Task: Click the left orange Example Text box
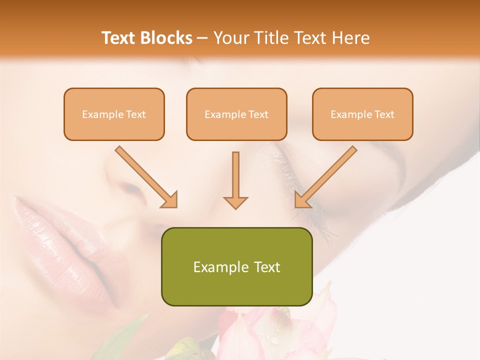pos(114,114)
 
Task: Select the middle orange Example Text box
pos(236,114)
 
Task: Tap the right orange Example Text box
pos(362,114)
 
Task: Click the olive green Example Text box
pos(236,266)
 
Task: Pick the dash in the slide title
pos(202,38)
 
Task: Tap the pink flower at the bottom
pos(270,330)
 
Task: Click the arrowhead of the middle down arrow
pos(235,202)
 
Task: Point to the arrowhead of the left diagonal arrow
pos(170,200)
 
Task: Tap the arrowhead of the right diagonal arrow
pos(302,200)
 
